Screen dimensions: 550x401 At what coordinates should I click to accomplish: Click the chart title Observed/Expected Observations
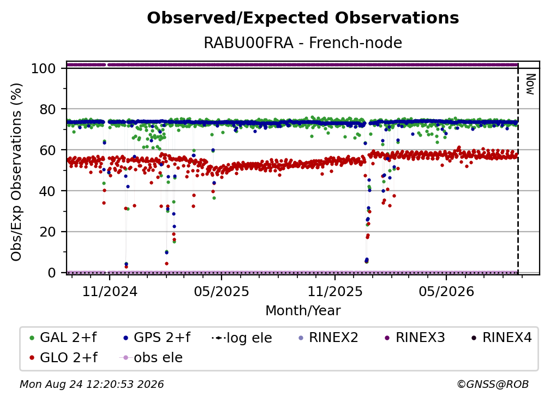(303, 18)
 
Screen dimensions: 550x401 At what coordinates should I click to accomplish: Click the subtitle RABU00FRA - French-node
(303, 43)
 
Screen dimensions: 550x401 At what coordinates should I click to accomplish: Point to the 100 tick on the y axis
(44, 68)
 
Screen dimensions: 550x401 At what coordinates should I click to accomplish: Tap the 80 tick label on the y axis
(47, 109)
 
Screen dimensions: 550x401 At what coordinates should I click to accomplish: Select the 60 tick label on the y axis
(47, 150)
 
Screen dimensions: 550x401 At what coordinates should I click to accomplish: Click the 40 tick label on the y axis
(47, 191)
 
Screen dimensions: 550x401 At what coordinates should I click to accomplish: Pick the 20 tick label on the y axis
(47, 232)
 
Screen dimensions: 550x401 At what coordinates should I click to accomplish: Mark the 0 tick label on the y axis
(52, 273)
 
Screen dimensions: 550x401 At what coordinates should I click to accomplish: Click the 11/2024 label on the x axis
(110, 291)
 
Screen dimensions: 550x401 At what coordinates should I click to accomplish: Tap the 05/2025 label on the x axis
(222, 291)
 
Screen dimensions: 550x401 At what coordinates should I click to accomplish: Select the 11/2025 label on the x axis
(335, 291)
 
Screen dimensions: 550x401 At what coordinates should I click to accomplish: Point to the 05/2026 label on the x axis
(446, 291)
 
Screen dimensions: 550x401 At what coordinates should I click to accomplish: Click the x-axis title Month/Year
(303, 310)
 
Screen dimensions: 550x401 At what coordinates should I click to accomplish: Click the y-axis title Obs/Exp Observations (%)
(16, 172)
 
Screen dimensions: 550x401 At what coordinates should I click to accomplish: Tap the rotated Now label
(530, 84)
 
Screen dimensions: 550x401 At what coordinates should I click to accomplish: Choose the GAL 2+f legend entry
(63, 338)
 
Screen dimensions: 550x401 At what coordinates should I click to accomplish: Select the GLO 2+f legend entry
(63, 357)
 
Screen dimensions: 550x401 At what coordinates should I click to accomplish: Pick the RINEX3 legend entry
(415, 338)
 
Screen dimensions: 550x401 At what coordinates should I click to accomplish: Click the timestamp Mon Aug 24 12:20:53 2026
(92, 384)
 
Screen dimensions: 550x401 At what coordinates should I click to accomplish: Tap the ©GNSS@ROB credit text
(493, 384)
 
